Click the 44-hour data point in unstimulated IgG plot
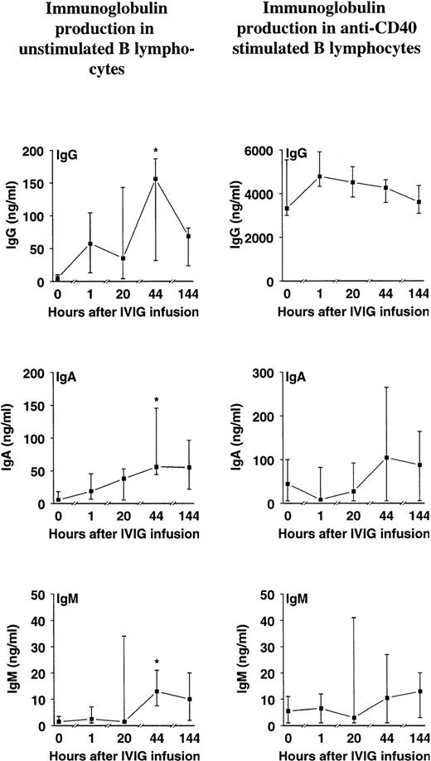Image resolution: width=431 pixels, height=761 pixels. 155,179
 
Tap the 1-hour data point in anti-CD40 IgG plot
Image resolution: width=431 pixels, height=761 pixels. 319,176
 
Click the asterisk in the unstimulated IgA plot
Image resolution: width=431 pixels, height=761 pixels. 155,400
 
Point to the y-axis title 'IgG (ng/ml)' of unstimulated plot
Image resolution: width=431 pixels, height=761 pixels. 13,216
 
